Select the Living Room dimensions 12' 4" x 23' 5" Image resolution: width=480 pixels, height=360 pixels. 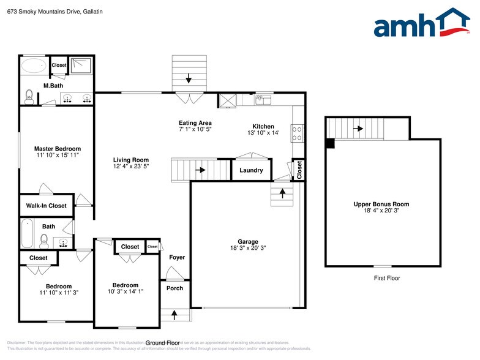click(x=131, y=167)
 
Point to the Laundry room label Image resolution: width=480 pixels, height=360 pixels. click(x=251, y=170)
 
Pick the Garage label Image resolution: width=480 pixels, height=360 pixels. click(x=248, y=241)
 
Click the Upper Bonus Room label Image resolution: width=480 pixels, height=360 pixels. click(x=381, y=204)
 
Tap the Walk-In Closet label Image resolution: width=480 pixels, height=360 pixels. click(x=46, y=206)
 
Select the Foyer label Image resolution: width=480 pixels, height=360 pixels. click(x=177, y=257)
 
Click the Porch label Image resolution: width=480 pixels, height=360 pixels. click(x=174, y=288)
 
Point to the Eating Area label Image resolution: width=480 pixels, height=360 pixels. click(x=195, y=122)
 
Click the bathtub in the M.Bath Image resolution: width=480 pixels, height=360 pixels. click(x=34, y=65)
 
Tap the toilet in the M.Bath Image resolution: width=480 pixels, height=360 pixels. click(x=29, y=96)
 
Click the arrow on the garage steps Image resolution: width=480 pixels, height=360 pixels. click(x=282, y=194)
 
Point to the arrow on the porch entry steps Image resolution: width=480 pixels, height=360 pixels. click(x=174, y=315)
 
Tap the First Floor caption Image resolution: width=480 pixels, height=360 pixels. click(x=387, y=278)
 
